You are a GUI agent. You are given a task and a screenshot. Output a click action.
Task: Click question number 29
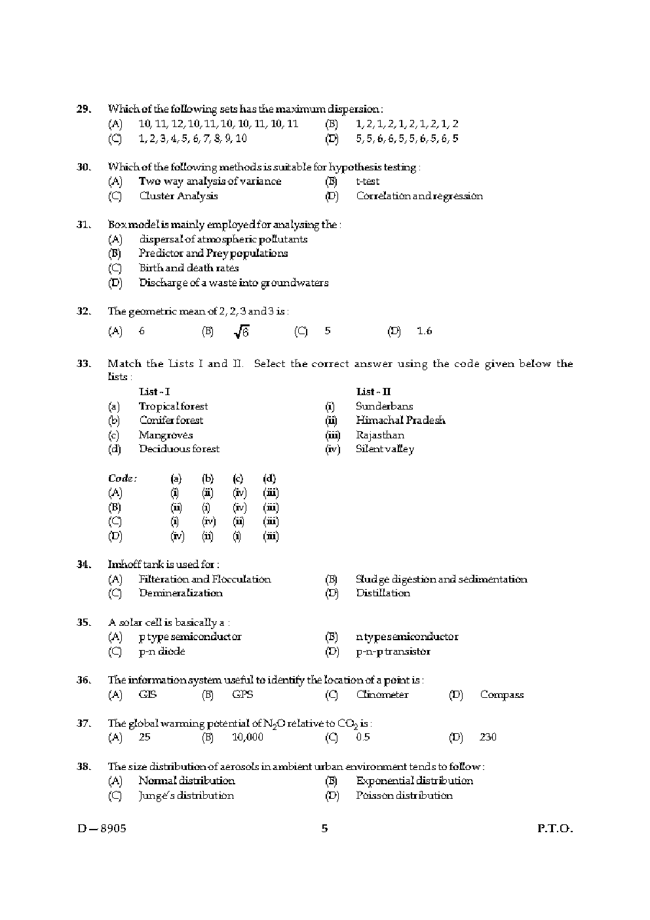tap(83, 109)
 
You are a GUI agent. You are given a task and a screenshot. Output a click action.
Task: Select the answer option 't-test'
tap(368, 182)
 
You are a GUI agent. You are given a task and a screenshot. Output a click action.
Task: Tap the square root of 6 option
tap(241, 332)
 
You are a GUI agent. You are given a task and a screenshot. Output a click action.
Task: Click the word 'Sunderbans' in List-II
tap(384, 406)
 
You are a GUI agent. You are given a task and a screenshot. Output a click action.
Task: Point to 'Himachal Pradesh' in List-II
tap(400, 421)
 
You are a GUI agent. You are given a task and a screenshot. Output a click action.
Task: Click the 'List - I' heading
tap(154, 392)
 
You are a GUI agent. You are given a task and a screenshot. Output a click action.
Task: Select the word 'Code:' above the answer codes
tap(123, 478)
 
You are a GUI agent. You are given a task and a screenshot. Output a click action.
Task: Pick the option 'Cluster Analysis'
tap(178, 196)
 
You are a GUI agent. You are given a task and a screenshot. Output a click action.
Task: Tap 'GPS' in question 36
tap(242, 695)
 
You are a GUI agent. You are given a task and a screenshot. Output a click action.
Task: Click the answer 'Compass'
tap(501, 695)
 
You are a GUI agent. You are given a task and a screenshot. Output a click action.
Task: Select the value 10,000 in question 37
tap(248, 737)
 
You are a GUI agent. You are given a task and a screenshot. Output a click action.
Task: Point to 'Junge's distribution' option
tap(186, 795)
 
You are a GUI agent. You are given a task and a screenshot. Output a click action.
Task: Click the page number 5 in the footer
tap(325, 828)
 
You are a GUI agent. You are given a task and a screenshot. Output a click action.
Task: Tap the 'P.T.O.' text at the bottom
tap(554, 828)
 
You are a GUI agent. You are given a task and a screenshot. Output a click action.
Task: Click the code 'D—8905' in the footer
tap(102, 828)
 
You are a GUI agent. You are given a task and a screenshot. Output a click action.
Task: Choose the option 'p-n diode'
tap(162, 651)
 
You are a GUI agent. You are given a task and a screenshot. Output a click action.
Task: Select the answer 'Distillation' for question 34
tap(383, 593)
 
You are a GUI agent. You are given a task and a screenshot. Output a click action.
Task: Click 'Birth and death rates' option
tap(189, 268)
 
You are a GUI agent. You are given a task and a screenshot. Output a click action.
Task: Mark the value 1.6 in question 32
tap(424, 331)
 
